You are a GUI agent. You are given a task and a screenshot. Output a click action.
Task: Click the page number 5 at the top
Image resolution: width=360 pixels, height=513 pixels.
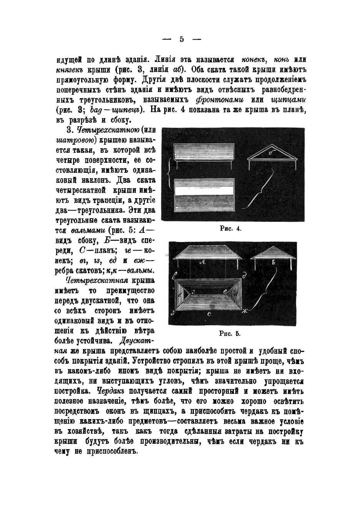(181, 39)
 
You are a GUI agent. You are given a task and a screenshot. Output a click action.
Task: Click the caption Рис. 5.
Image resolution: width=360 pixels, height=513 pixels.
(230, 333)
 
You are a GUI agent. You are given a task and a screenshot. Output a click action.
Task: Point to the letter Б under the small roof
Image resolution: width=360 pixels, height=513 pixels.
(273, 263)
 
